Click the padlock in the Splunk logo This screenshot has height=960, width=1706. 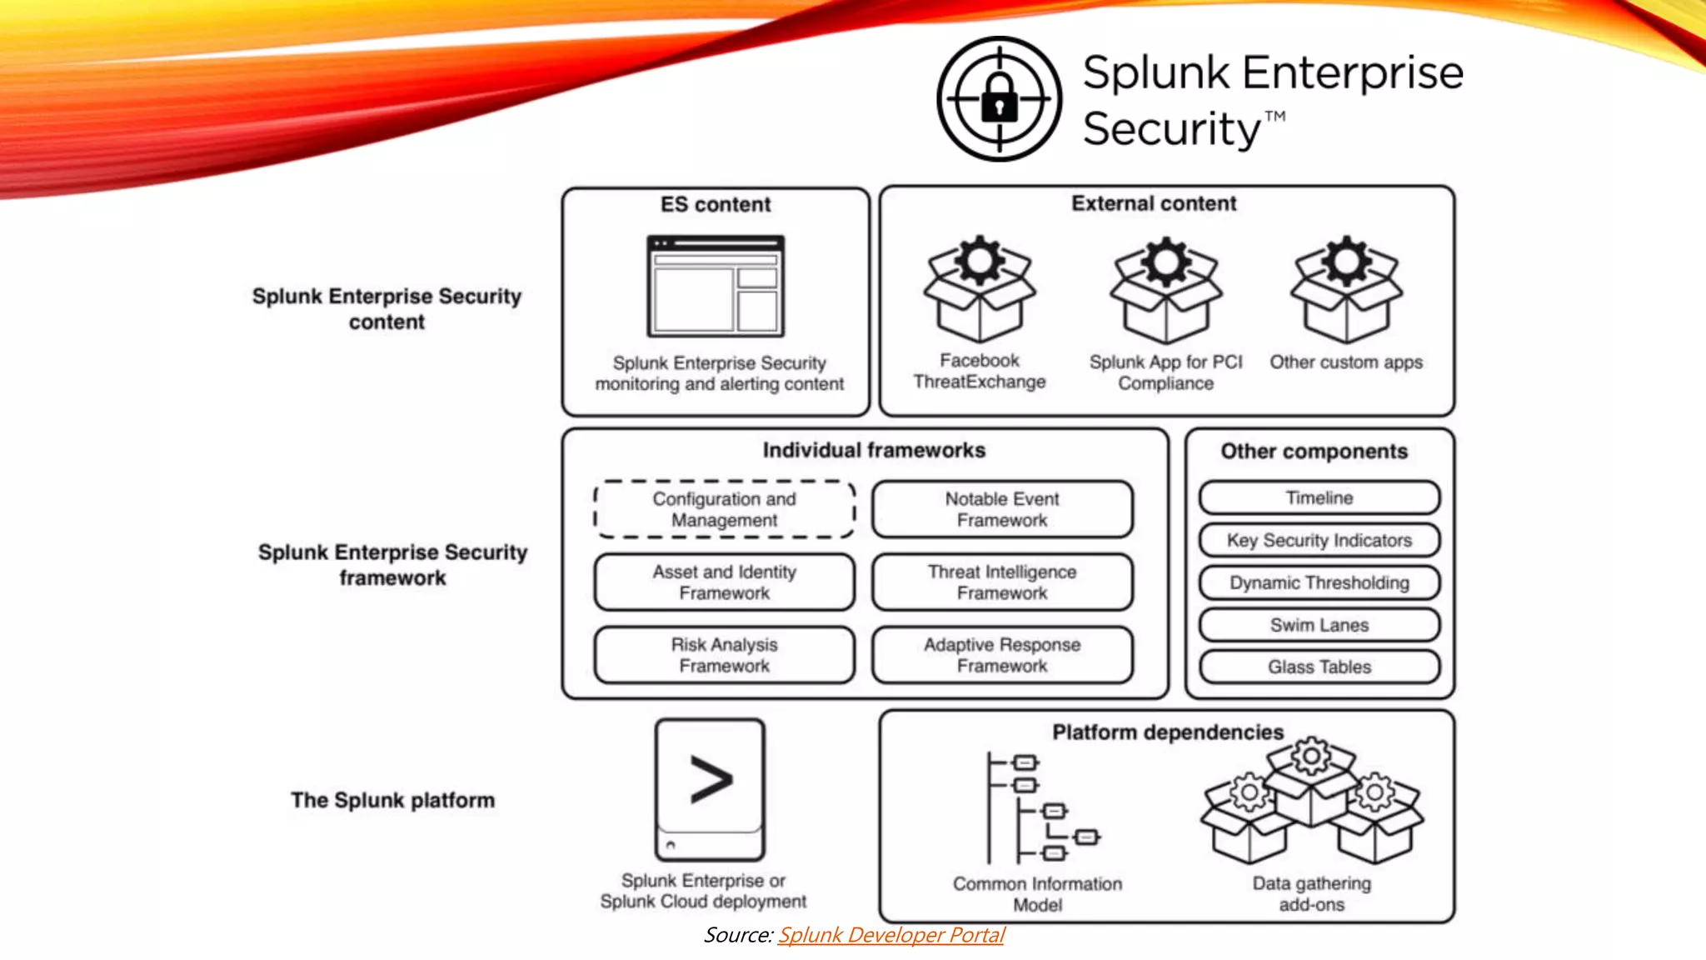pos(999,99)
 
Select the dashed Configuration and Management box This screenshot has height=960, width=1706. pos(724,509)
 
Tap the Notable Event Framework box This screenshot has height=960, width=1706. pos(1002,509)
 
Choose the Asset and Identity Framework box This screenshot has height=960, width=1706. pos(724,582)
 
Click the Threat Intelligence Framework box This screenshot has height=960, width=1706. pos(1002,582)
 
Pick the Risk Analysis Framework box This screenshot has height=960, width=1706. pos(724,655)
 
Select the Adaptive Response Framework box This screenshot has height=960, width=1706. pos(1002,655)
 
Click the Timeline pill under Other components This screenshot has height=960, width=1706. pos(1319,497)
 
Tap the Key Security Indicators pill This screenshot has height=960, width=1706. pos(1319,540)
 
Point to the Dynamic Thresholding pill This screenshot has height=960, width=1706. pos(1319,582)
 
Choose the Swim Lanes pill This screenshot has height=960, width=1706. pos(1319,625)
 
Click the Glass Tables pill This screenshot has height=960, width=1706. pos(1319,667)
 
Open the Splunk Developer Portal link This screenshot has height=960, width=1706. pos(890,935)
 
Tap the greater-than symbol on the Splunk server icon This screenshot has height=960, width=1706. pos(711,780)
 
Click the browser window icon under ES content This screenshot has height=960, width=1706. pos(716,286)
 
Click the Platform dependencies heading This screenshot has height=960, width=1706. pos(1168,732)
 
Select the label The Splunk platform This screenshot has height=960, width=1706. pos(392,800)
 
